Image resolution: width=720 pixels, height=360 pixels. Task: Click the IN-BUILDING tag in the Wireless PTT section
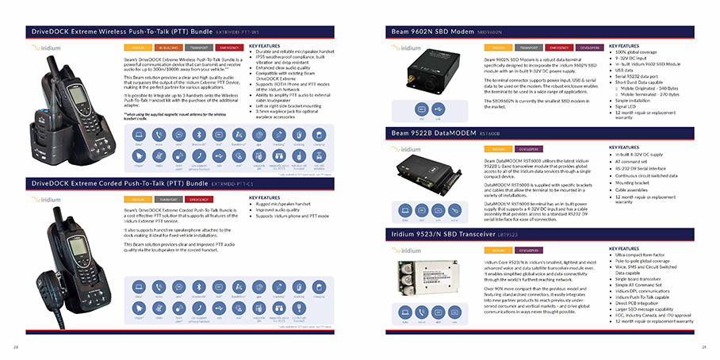point(166,48)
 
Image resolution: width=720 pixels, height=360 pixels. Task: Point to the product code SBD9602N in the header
point(492,33)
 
